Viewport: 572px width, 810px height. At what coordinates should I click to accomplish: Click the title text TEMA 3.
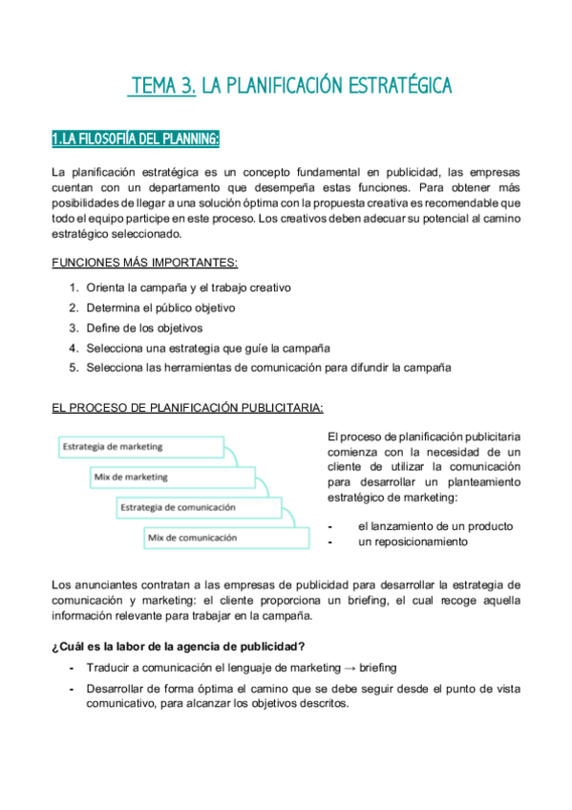pyautogui.click(x=163, y=87)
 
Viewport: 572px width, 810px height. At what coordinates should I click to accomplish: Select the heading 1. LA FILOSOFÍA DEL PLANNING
pyautogui.click(x=136, y=140)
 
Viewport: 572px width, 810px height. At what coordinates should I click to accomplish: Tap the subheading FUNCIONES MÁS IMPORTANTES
pyautogui.click(x=144, y=263)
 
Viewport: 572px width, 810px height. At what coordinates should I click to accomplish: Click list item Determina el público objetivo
pyautogui.click(x=160, y=308)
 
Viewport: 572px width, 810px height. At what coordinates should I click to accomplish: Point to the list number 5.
pyautogui.click(x=74, y=368)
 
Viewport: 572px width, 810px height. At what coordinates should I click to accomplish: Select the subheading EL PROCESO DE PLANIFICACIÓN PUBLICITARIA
pyautogui.click(x=187, y=408)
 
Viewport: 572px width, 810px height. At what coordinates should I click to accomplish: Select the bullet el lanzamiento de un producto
pyautogui.click(x=435, y=526)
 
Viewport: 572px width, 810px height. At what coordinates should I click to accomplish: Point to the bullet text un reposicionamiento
pyautogui.click(x=413, y=542)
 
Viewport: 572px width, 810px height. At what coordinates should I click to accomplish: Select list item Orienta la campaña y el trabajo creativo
pyautogui.click(x=188, y=288)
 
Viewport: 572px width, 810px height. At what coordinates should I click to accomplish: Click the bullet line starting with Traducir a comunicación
pyautogui.click(x=241, y=668)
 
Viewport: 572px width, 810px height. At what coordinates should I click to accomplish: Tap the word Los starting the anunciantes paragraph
pyautogui.click(x=60, y=584)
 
